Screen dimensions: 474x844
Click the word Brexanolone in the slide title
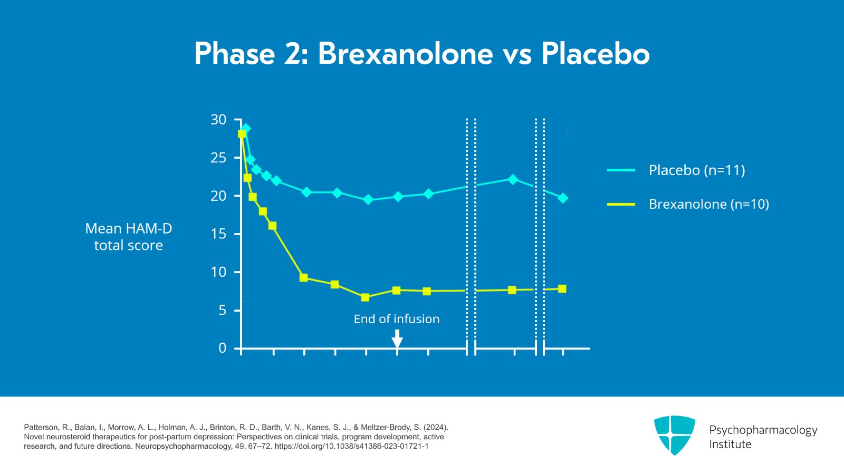click(x=405, y=54)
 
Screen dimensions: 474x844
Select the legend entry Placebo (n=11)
click(x=696, y=170)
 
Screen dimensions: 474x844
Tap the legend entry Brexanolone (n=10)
click(x=708, y=204)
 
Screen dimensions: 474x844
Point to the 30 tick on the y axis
click(x=218, y=120)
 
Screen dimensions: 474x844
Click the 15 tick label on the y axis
click(x=218, y=234)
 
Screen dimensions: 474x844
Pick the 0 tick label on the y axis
click(x=222, y=348)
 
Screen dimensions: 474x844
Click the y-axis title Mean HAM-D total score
click(x=128, y=237)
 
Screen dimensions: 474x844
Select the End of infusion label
click(x=396, y=319)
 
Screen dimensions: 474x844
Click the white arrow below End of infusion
click(x=397, y=339)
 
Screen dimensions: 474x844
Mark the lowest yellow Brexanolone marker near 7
click(x=365, y=297)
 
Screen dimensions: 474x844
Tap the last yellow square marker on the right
click(x=562, y=289)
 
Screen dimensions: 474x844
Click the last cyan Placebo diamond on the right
click(x=563, y=198)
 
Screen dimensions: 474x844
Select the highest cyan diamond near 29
click(x=246, y=128)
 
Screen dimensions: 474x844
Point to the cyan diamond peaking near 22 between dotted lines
click(x=513, y=179)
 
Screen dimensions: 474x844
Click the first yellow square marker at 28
click(x=242, y=134)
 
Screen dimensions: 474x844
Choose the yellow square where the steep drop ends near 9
click(x=303, y=277)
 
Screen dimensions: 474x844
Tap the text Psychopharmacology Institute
click(x=763, y=437)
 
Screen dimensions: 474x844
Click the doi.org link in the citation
click(x=351, y=446)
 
